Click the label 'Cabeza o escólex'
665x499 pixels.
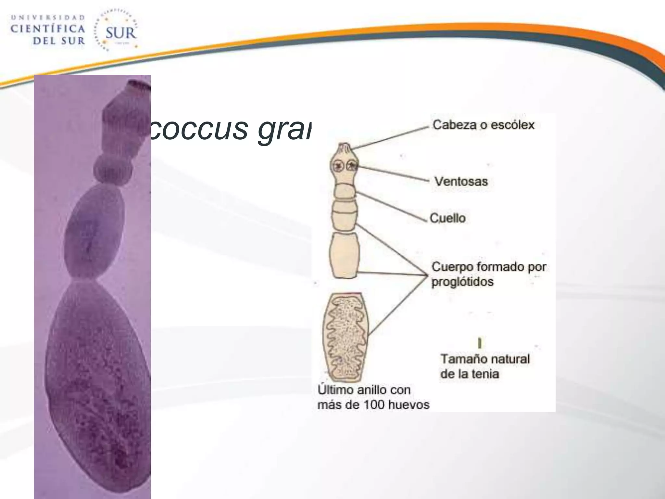click(483, 125)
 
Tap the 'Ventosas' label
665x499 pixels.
click(461, 181)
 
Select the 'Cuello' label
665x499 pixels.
click(448, 218)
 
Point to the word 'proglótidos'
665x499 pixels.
click(462, 282)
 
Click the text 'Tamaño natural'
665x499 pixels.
click(485, 359)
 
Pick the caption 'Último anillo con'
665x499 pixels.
click(364, 390)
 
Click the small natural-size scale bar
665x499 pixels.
click(480, 343)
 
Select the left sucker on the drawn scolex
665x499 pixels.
click(338, 166)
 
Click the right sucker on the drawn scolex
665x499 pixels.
click(352, 166)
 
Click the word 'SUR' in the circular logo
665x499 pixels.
click(120, 33)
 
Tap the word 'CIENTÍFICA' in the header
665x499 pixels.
click(48, 29)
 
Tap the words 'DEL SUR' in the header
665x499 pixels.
click(59, 41)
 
